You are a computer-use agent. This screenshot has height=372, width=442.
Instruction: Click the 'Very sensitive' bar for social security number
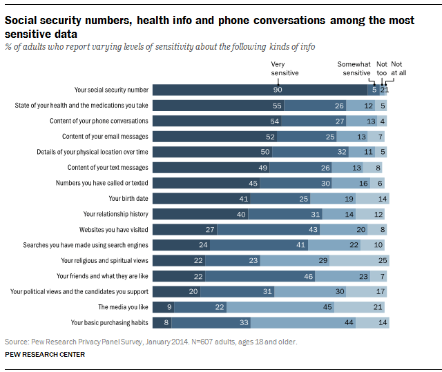259,90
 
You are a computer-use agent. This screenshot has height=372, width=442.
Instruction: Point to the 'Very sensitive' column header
285,68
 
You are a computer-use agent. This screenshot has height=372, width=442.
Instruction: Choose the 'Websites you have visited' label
113,229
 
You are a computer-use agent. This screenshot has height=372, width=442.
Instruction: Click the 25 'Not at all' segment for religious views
374,260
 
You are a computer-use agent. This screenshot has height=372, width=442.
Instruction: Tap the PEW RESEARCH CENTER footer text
45,355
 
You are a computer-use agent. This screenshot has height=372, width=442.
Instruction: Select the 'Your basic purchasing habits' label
110,322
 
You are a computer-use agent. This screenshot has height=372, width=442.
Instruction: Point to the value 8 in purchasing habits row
166,322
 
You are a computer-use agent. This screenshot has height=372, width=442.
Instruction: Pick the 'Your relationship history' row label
115,214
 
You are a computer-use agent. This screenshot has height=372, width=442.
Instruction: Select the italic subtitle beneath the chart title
160,47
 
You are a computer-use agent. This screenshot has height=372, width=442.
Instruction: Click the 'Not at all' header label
398,68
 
